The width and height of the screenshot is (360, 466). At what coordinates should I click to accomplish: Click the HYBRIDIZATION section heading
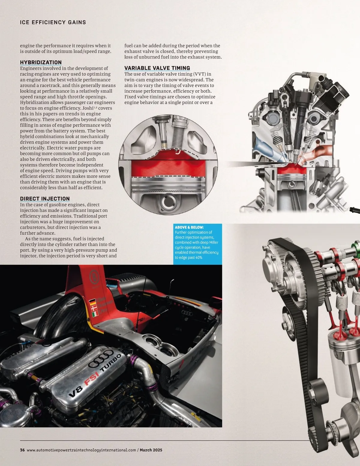click(x=41, y=62)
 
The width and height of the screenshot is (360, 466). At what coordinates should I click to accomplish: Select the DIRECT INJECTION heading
click(x=45, y=199)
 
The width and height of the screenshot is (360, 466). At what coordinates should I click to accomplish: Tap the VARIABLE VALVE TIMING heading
click(x=157, y=68)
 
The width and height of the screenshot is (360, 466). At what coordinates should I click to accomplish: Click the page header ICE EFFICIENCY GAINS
click(x=53, y=22)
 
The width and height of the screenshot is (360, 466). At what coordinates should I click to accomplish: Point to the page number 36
click(x=22, y=450)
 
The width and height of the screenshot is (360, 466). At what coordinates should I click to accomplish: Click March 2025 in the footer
click(x=151, y=450)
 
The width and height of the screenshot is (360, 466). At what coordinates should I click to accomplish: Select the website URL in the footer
click(x=81, y=450)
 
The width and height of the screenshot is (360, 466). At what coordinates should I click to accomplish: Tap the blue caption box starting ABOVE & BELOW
click(x=198, y=244)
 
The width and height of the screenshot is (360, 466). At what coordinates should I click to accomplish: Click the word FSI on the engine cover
click(x=92, y=379)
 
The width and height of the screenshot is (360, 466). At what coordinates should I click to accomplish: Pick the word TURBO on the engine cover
click(x=111, y=363)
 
